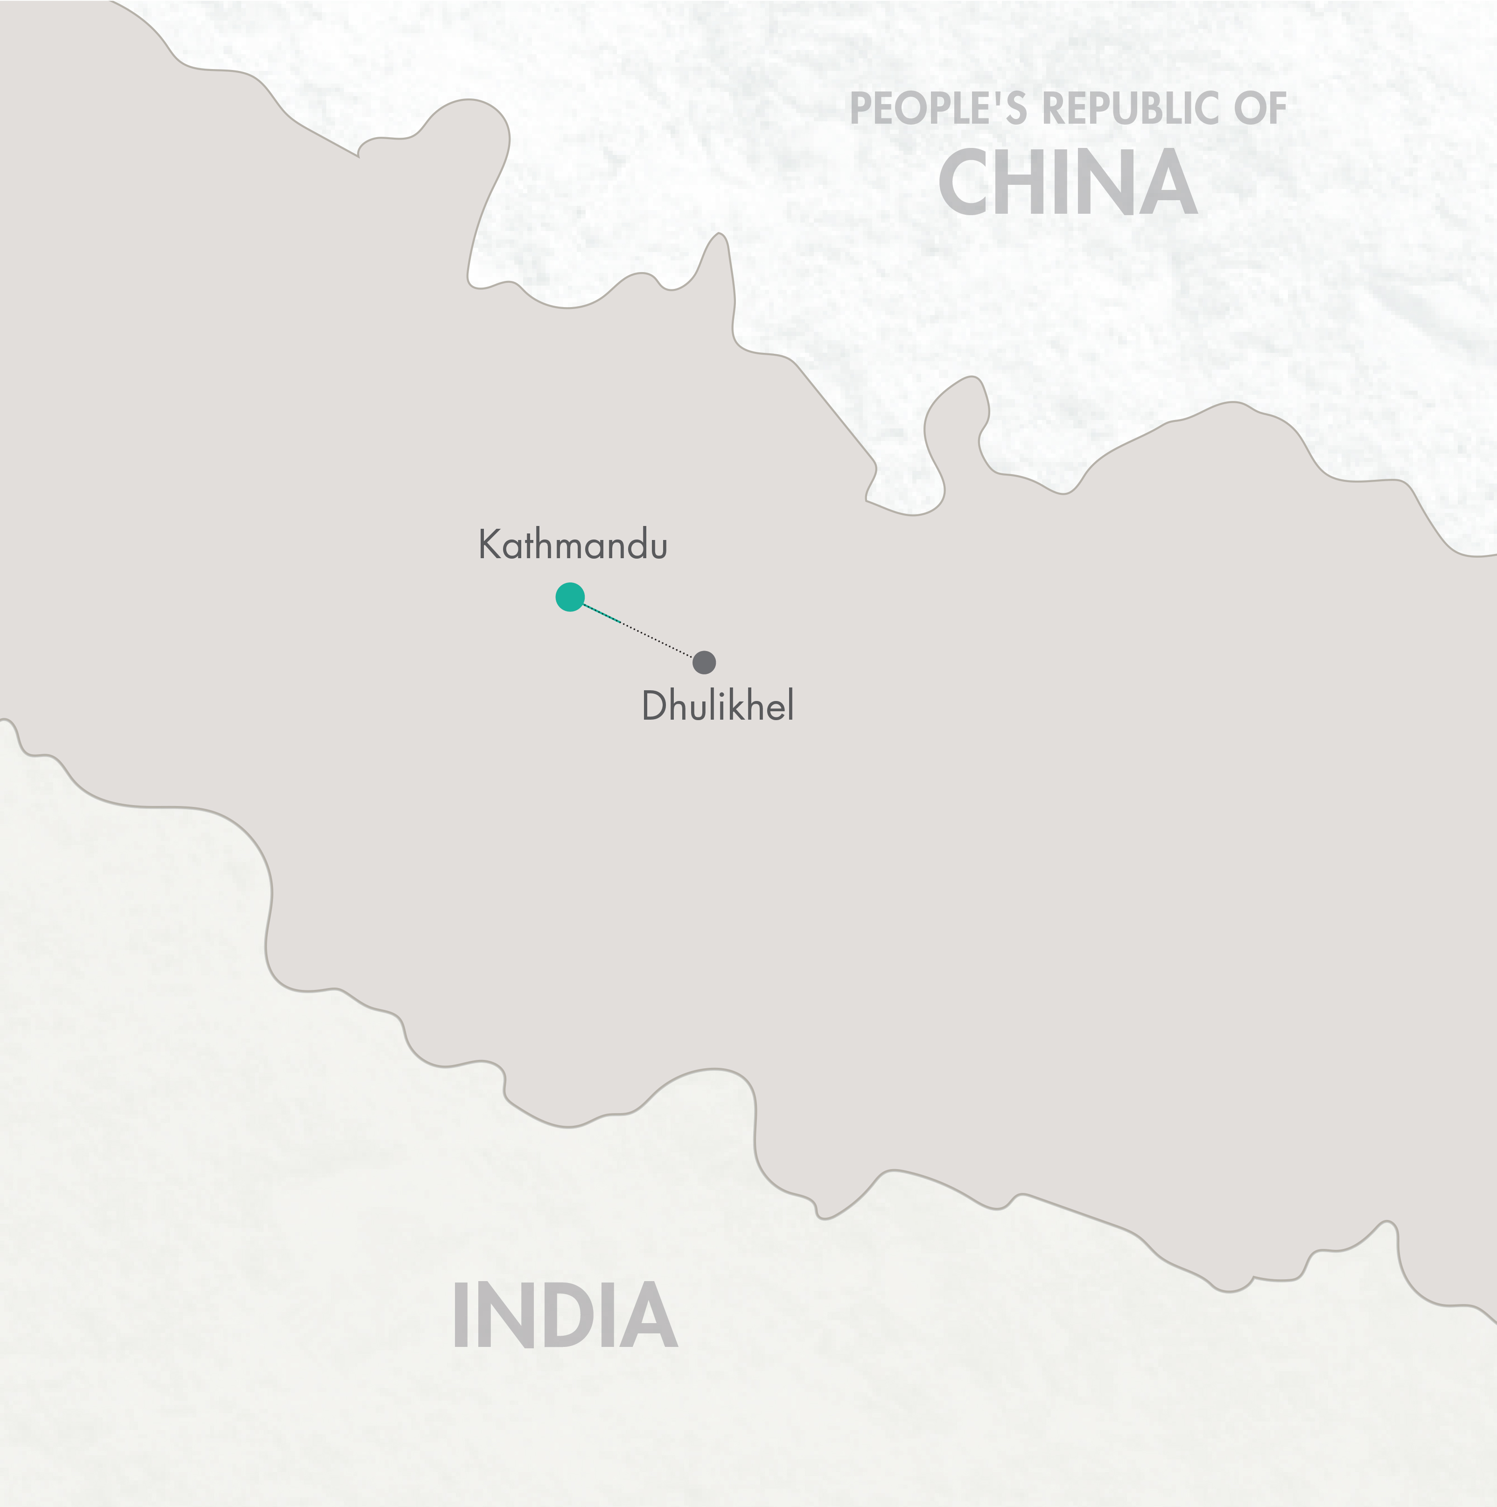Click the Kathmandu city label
(x=573, y=545)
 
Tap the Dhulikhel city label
(x=717, y=707)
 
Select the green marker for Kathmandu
(x=570, y=597)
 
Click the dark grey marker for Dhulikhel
(x=704, y=662)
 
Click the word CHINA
(x=1067, y=183)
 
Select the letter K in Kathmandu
(x=488, y=545)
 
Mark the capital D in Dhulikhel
(x=653, y=707)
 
